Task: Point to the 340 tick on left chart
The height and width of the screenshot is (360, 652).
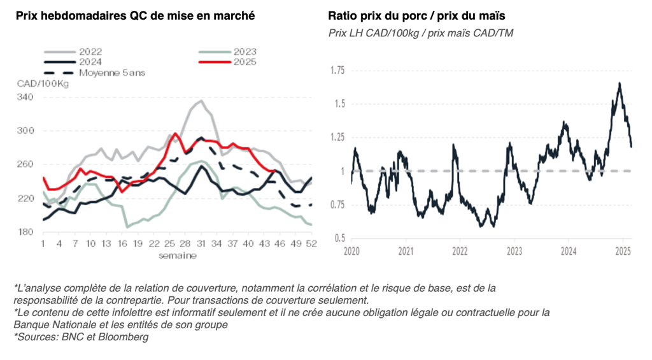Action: (x=25, y=97)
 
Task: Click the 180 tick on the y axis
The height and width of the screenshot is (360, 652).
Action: (x=25, y=232)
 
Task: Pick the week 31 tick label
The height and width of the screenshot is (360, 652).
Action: (x=201, y=244)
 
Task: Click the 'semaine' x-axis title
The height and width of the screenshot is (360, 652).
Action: (x=178, y=256)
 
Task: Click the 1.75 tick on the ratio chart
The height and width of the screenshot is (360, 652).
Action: (x=336, y=70)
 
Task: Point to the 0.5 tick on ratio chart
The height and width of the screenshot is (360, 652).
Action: (x=339, y=238)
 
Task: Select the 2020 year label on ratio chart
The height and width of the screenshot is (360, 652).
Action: (x=351, y=251)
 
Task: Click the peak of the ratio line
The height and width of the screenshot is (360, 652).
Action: (x=619, y=83)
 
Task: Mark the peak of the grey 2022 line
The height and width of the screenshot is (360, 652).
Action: (x=201, y=101)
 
